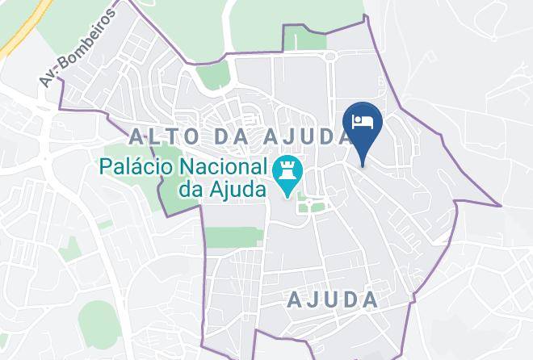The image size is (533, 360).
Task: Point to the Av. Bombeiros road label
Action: [78, 46]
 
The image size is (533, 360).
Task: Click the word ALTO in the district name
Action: [166, 136]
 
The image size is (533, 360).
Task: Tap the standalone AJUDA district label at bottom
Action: [333, 300]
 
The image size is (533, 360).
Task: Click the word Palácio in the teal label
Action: [137, 168]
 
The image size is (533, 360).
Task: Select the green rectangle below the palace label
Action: [233, 237]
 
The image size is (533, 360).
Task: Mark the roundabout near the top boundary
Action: [329, 56]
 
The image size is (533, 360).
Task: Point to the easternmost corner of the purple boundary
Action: [501, 205]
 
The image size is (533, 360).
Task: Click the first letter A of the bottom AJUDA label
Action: [296, 300]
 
